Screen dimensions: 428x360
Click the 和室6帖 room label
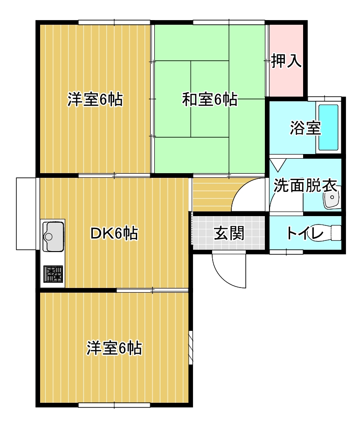[209, 99]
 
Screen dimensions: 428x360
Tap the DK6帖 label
[114, 233]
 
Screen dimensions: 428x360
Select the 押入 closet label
[286, 61]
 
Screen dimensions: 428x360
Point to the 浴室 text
[305, 128]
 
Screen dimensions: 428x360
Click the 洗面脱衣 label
[305, 186]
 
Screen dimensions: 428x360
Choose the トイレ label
[299, 233]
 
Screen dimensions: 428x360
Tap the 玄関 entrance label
[229, 233]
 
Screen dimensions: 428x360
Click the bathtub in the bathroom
[328, 127]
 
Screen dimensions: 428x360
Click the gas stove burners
[53, 274]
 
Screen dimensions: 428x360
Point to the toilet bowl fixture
[332, 232]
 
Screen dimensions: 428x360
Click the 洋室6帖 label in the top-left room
[95, 99]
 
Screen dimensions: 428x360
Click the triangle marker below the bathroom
[278, 164]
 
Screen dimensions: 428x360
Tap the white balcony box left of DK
[26, 213]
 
